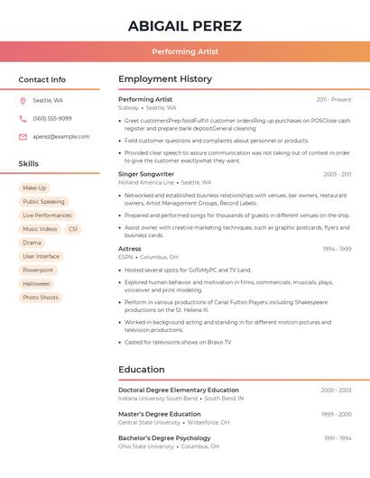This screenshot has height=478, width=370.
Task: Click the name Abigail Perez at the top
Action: pos(184,25)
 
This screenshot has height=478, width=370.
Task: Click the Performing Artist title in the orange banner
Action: pos(184,52)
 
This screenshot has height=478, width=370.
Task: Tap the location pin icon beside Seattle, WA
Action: pos(23,100)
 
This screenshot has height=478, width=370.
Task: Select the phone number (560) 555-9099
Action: pos(52,118)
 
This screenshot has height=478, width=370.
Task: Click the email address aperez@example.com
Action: pos(61,136)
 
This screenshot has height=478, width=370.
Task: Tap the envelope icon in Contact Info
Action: pos(23,136)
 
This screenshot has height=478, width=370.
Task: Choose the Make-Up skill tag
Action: pos(34,188)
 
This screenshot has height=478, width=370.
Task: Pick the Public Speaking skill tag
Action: pos(43,202)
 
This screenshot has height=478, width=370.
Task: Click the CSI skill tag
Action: pos(73,229)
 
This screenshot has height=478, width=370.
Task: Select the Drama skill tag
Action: pos(32,243)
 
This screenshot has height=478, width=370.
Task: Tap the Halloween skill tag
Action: pos(37,283)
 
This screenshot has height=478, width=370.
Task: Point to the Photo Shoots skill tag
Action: pos(41,298)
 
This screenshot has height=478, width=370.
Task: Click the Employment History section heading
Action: pos(165,79)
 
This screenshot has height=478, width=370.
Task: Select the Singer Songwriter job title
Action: pos(146,174)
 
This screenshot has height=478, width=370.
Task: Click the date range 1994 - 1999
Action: pos(337,249)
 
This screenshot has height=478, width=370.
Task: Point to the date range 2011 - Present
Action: pos(334,99)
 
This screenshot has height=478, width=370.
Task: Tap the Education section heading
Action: pos(142,369)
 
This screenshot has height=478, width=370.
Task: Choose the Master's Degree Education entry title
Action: pos(160,414)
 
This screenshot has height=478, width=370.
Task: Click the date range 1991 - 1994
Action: pos(338,438)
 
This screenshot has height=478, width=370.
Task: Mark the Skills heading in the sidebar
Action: pos(29,163)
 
